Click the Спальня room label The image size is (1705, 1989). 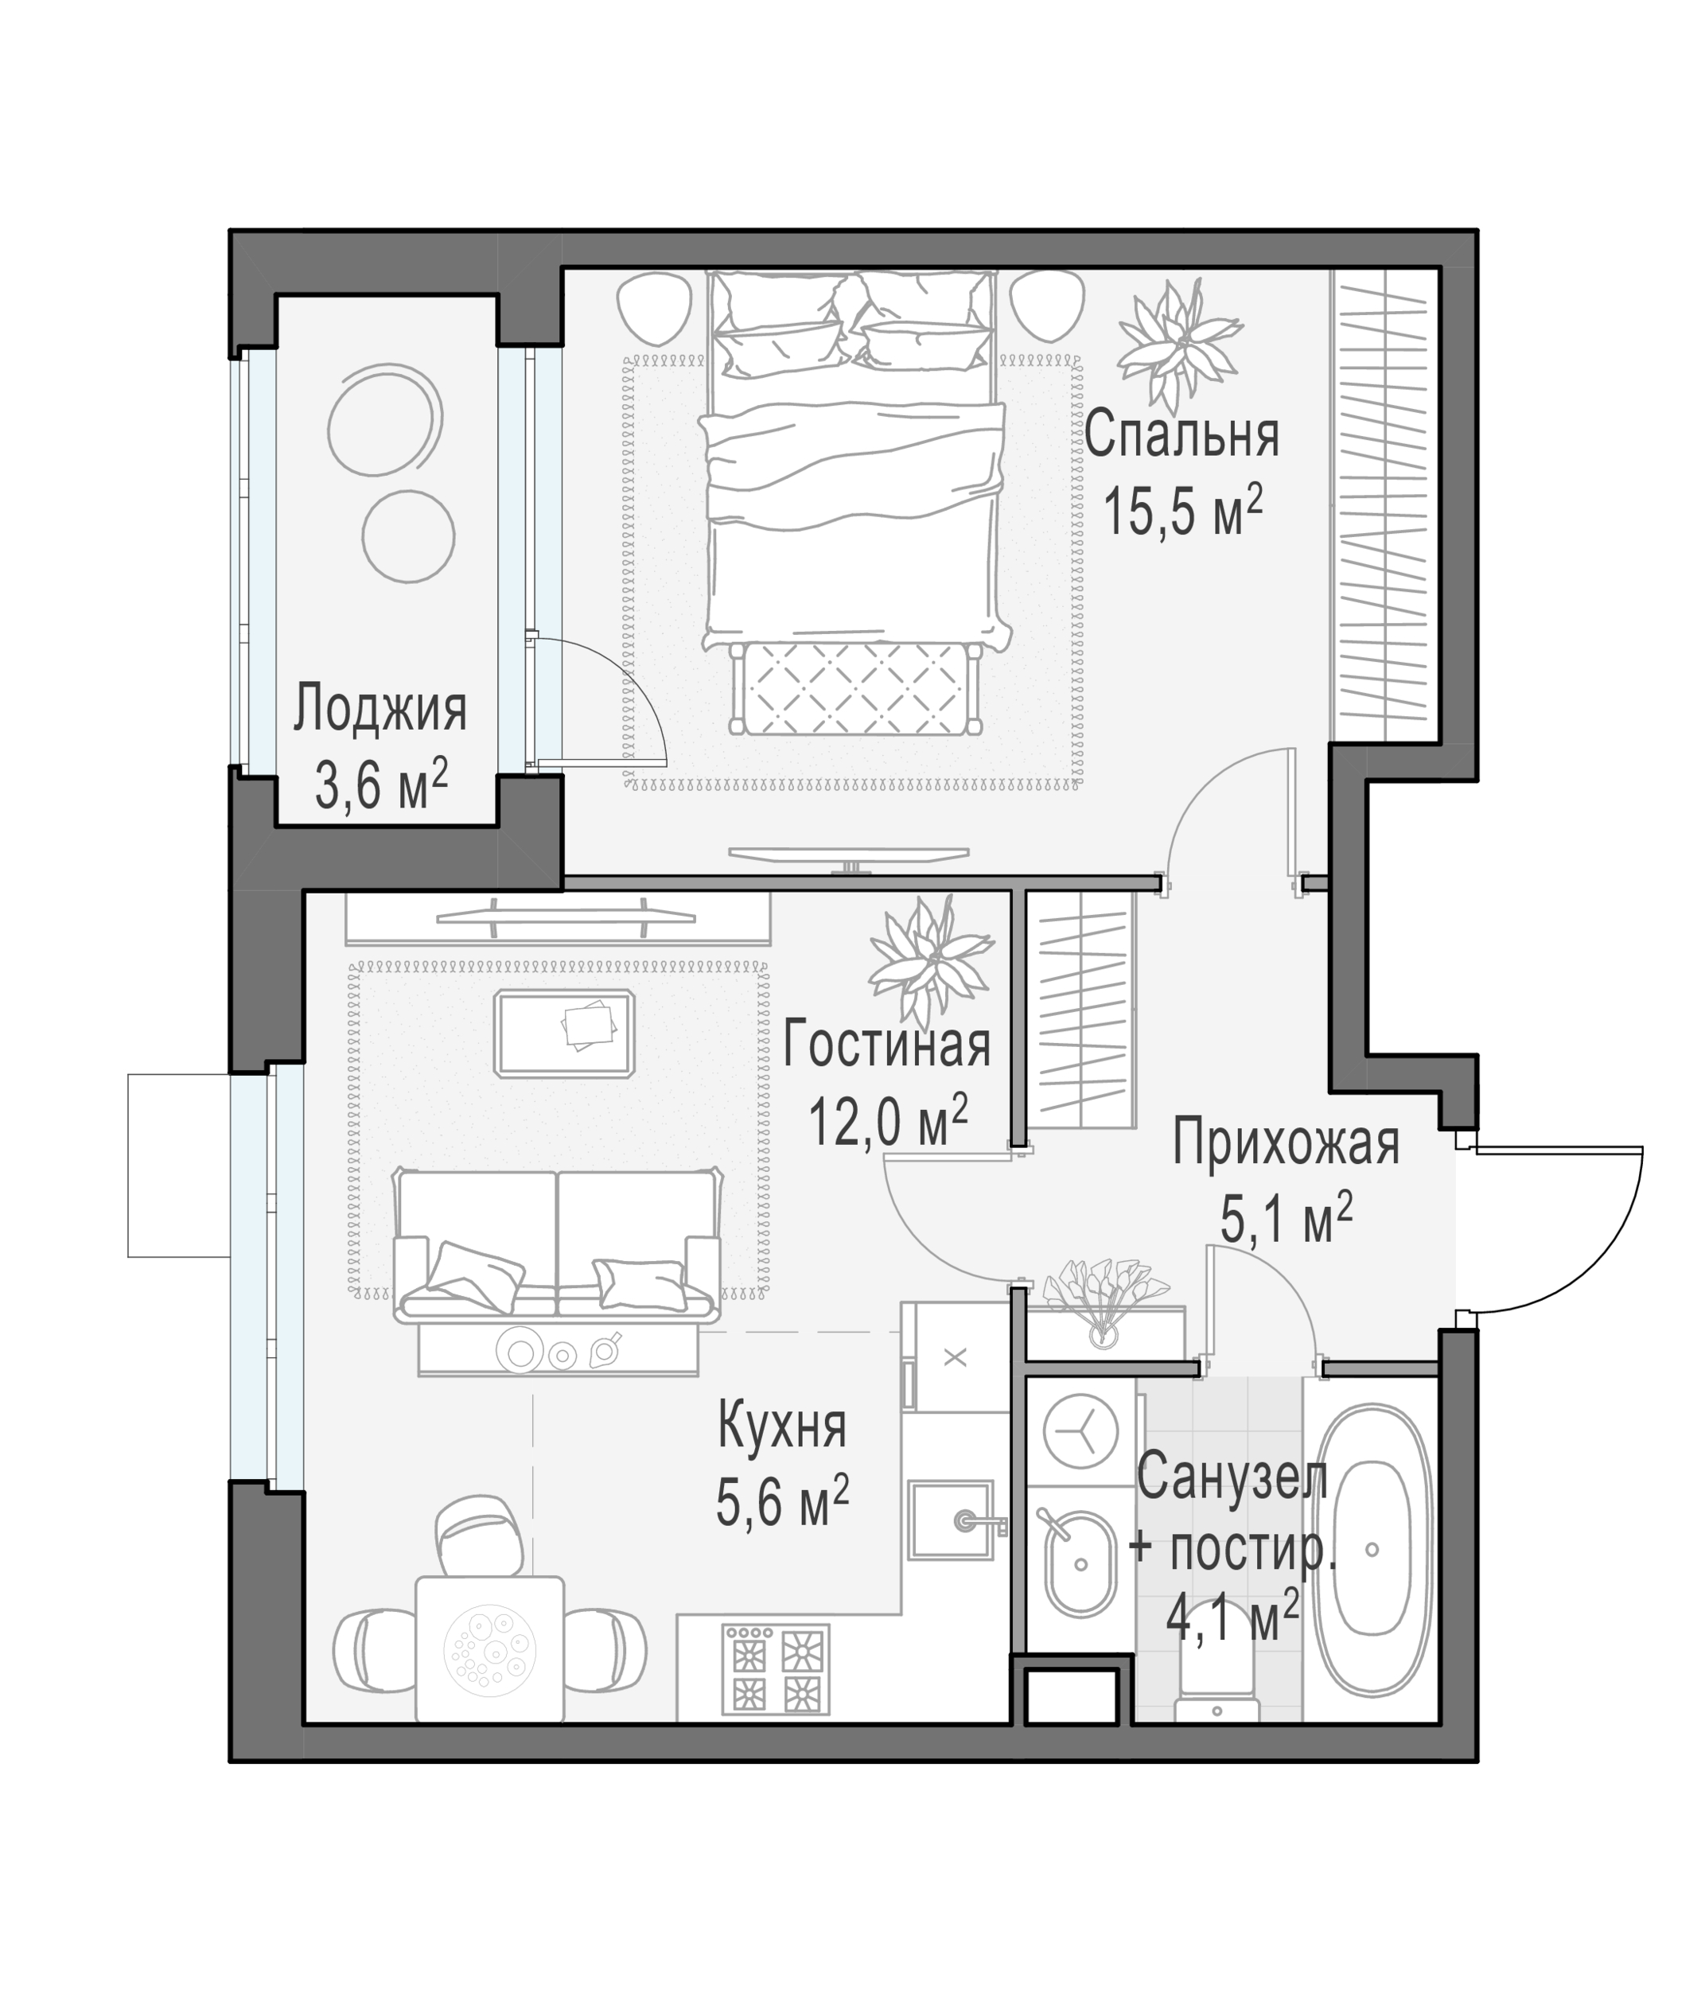(1181, 435)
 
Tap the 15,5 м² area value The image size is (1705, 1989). (1181, 511)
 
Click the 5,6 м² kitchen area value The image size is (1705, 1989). (782, 1501)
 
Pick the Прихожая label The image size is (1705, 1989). (1287, 1143)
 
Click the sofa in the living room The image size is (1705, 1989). (558, 1244)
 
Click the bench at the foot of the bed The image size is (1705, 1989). (855, 688)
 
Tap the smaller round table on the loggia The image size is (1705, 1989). (408, 535)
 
